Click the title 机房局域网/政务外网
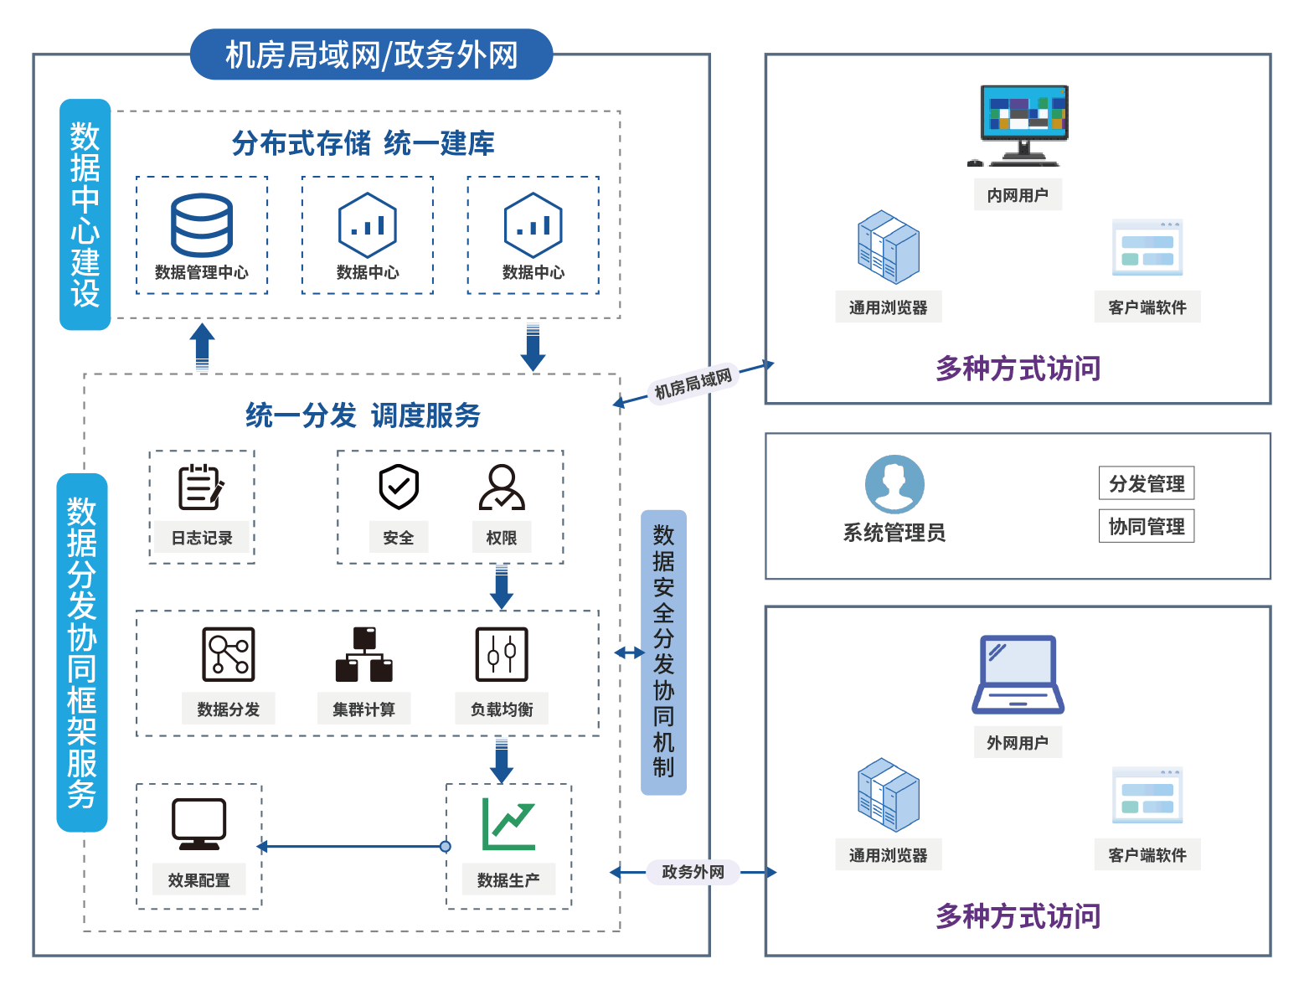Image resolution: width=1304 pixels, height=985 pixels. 371,55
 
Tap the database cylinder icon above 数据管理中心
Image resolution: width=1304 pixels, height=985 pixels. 202,225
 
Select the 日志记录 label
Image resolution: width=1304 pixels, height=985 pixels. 202,538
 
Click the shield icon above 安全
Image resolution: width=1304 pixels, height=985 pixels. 399,487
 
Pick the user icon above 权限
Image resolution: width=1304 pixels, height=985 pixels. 502,487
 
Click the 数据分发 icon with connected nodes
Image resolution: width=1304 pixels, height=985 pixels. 229,654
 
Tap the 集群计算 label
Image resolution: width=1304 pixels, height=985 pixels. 363,709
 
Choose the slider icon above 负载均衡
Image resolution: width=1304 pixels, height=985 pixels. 502,654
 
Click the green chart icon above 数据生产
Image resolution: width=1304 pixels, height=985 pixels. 508,824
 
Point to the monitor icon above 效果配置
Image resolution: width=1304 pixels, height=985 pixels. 198,823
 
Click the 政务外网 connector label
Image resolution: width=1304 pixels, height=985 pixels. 693,872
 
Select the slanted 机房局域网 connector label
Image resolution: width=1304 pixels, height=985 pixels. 693,384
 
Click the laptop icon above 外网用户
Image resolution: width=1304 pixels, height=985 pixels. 1018,675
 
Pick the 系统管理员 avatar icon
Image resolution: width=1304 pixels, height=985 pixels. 894,484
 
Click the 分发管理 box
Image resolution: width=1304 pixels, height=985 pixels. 1147,483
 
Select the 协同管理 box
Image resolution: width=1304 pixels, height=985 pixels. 1147,526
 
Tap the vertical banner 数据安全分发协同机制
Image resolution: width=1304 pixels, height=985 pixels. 663,652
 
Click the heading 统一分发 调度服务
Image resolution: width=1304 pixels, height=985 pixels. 363,415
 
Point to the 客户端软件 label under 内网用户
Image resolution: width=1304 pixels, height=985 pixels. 1147,307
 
